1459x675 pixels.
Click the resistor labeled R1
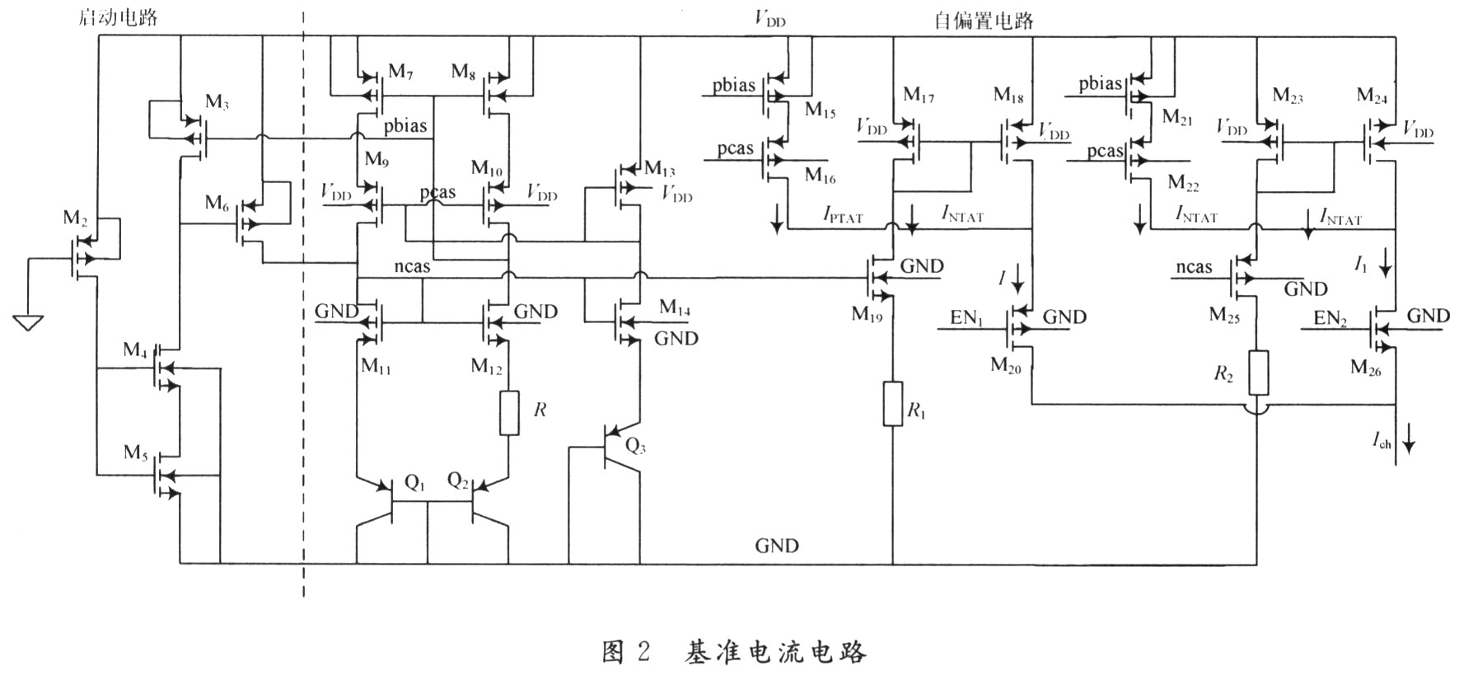coord(892,404)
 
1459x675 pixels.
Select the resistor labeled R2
coord(1258,373)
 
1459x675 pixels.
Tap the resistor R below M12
coord(509,413)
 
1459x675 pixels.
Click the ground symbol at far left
coord(28,321)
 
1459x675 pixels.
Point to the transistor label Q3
coord(635,446)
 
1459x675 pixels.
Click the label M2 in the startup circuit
coord(75,218)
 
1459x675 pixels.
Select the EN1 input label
coord(966,318)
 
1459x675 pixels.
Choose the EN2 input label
coord(1330,318)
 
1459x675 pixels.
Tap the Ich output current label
coord(1382,442)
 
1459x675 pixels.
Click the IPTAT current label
coord(843,215)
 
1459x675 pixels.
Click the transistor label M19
coord(867,313)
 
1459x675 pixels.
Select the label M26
coord(1365,368)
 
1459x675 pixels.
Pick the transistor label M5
coord(136,452)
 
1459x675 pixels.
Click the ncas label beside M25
coord(1194,266)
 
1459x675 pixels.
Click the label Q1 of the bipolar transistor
coord(414,484)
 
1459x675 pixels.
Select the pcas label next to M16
coord(735,148)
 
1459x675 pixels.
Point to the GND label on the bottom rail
coord(776,546)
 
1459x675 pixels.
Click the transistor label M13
coord(659,170)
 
